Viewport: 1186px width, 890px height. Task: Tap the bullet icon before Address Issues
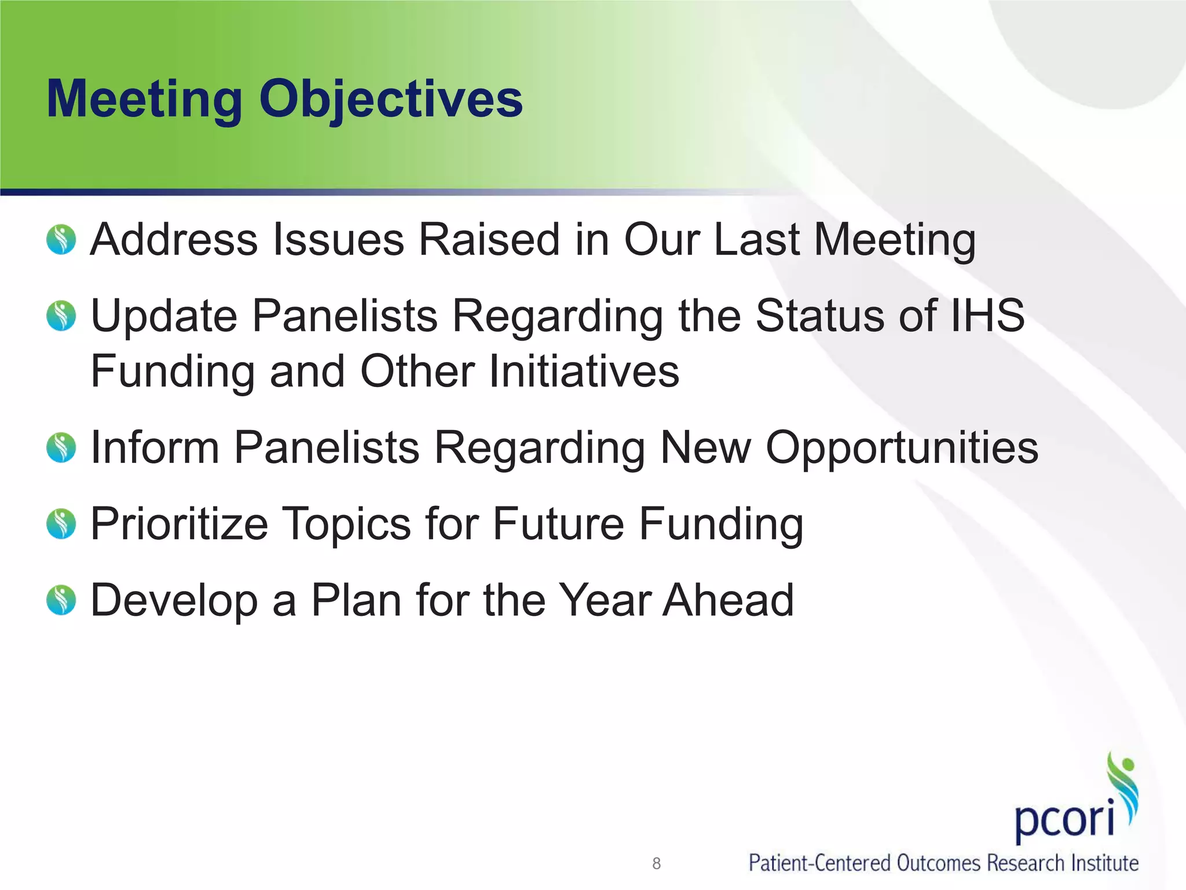61,239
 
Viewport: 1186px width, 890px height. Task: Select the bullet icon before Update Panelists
61,316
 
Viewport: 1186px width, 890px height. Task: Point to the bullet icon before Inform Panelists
61,448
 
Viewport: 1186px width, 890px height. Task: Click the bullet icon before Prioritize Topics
61,524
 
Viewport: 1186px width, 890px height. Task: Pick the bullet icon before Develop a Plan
61,600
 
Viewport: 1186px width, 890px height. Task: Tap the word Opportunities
902,448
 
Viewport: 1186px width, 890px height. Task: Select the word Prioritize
180,524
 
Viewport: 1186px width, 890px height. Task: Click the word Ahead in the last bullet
729,600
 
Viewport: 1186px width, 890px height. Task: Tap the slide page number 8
656,863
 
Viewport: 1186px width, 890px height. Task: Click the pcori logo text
1064,818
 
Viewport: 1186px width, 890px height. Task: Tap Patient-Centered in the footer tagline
820,863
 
